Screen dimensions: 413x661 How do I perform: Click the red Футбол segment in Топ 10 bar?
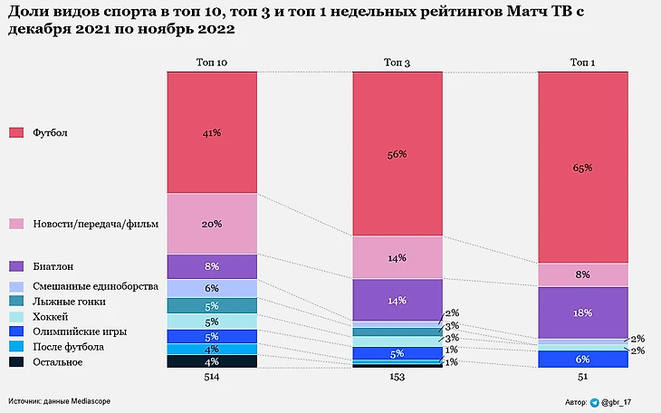point(212,132)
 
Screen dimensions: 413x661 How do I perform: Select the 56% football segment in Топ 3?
point(397,154)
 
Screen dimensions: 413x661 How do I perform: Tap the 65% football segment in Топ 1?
point(582,168)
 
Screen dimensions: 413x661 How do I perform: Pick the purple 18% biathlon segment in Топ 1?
point(582,312)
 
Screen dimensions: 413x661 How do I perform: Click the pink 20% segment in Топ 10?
point(212,224)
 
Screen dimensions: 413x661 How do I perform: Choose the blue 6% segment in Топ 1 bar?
point(582,360)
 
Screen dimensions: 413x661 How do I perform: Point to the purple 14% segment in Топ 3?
point(397,300)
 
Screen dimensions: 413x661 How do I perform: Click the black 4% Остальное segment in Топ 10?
point(212,362)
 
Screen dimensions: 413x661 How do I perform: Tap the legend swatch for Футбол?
point(16,133)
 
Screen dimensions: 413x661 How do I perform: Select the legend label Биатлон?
point(53,267)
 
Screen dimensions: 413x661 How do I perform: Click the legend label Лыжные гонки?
point(69,300)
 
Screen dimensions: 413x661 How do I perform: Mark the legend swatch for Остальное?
point(16,362)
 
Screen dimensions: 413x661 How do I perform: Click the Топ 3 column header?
point(397,62)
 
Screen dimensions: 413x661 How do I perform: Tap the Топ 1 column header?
point(582,62)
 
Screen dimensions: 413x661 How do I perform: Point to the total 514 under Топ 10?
point(212,377)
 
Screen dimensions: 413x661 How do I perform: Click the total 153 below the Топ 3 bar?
point(397,377)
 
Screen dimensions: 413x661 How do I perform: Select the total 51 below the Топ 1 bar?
point(582,377)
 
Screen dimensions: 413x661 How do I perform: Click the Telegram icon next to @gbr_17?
point(595,401)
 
